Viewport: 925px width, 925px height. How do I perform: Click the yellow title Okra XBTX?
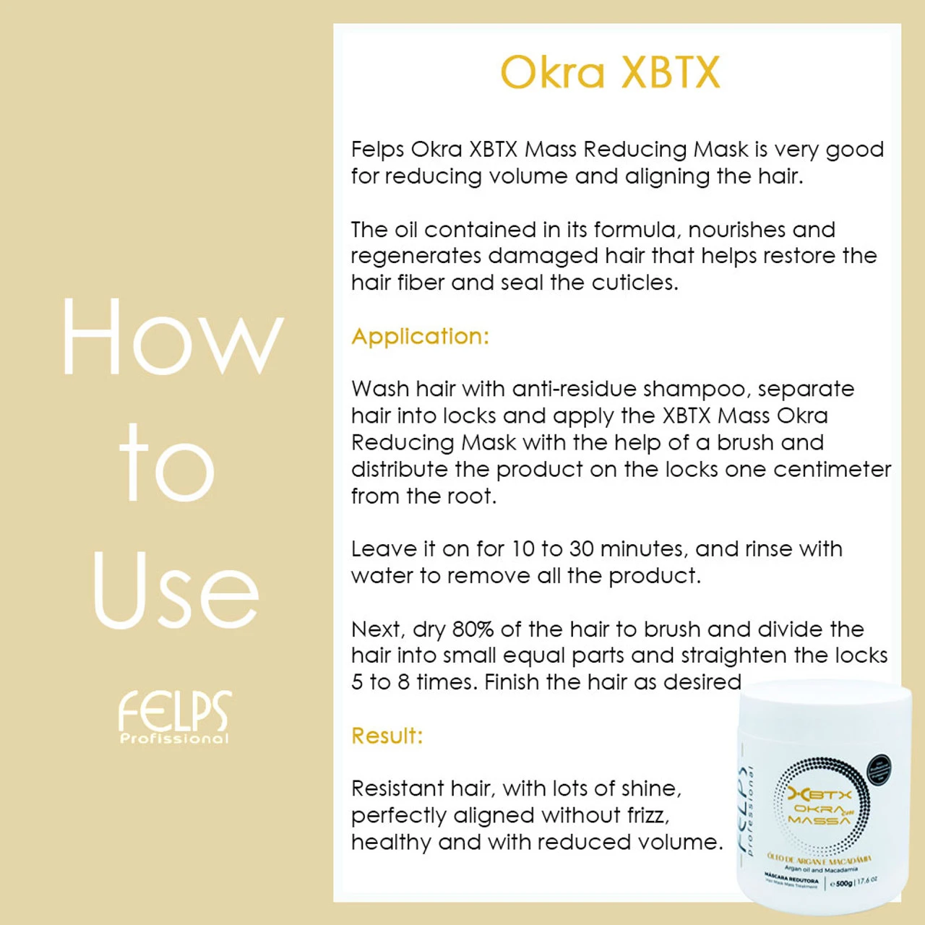(611, 72)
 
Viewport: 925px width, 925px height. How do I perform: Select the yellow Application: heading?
(420, 337)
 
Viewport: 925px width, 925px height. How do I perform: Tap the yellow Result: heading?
(387, 736)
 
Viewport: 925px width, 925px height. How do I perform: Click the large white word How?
(172, 337)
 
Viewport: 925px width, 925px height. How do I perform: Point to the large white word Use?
(176, 590)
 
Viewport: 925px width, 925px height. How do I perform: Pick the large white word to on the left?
(168, 464)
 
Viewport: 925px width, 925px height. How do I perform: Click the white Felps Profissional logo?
(175, 716)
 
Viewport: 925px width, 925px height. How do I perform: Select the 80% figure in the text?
(473, 629)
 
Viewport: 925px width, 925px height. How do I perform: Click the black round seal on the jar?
(878, 770)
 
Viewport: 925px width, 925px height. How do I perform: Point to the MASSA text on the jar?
(819, 821)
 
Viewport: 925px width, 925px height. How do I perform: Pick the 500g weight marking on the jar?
(843, 883)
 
